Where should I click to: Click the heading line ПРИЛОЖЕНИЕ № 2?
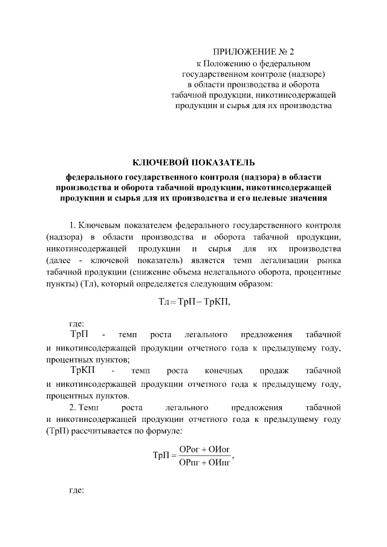[253, 51]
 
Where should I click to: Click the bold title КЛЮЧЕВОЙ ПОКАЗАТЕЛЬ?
[193, 161]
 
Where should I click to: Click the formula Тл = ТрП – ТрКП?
[193, 302]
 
